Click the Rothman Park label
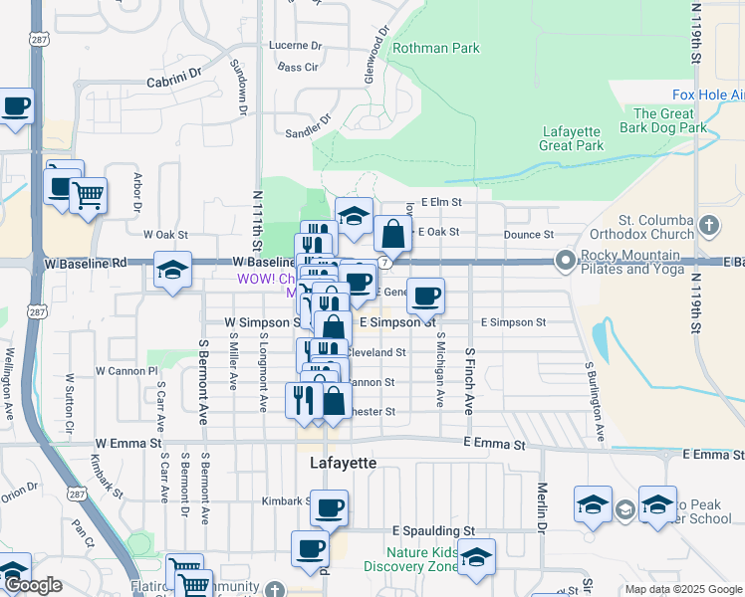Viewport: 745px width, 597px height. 436,48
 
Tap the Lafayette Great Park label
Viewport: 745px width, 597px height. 573,138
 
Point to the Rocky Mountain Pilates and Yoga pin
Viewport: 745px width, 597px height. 565,261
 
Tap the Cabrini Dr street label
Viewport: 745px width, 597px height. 174,72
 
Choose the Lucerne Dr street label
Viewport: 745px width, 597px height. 296,46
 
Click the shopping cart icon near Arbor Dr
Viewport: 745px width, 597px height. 88,196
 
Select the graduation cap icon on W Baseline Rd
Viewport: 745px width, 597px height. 172,271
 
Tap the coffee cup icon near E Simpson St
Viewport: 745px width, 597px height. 425,296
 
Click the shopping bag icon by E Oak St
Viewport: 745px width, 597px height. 393,235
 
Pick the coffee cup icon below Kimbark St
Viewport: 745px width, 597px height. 329,507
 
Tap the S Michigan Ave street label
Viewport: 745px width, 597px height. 439,369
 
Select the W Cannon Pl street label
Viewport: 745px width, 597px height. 126,371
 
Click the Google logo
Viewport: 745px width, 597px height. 33,586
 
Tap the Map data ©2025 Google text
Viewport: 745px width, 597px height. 682,589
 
